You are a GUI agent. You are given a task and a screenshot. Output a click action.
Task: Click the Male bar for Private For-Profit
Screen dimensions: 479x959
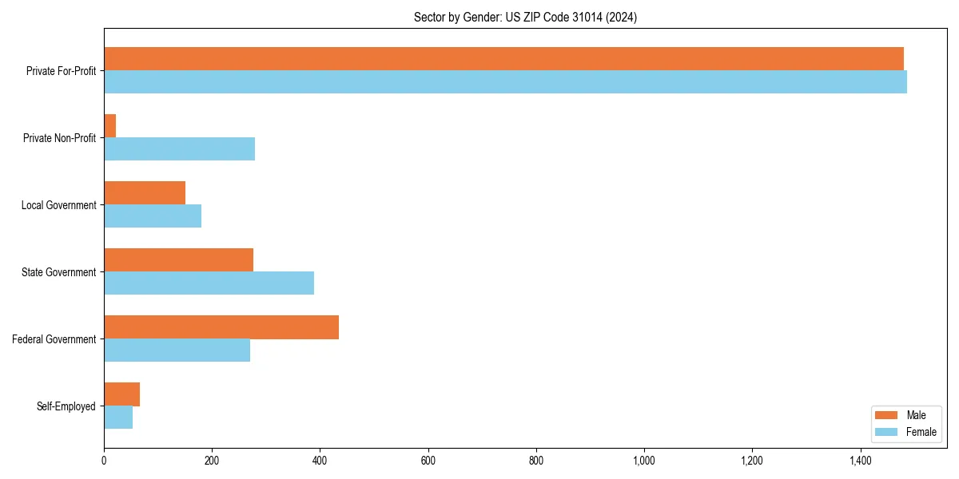click(x=503, y=59)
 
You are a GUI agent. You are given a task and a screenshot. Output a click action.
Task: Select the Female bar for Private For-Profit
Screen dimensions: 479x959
click(x=505, y=82)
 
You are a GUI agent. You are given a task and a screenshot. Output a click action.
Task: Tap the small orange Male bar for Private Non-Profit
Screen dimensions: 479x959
click(x=110, y=126)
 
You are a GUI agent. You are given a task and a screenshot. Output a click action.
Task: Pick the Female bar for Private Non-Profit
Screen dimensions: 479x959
click(x=179, y=149)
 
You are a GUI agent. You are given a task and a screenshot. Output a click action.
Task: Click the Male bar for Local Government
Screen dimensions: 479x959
click(x=145, y=193)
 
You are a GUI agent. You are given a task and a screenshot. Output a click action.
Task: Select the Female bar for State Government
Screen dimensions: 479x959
click(x=209, y=283)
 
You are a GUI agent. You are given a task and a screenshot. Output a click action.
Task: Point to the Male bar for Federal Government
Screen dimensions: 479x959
click(x=221, y=327)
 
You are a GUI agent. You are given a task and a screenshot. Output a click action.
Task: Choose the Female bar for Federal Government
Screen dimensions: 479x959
click(x=177, y=350)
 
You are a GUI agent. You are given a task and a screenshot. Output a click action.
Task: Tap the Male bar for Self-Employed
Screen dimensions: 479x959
click(x=121, y=394)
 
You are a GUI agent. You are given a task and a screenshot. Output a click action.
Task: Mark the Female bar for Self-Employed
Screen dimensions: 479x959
click(x=118, y=418)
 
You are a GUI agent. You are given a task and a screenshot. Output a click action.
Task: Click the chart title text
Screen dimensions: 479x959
click(x=525, y=17)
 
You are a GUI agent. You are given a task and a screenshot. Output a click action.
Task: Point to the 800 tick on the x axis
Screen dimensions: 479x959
click(x=536, y=460)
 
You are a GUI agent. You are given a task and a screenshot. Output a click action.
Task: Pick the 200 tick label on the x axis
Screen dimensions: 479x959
click(x=212, y=460)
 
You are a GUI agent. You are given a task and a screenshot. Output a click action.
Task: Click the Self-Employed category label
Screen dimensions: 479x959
click(x=66, y=406)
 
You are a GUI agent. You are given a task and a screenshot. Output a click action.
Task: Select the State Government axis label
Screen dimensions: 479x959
click(x=59, y=272)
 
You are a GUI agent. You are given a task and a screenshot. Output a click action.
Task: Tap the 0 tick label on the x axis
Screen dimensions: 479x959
click(x=104, y=460)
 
